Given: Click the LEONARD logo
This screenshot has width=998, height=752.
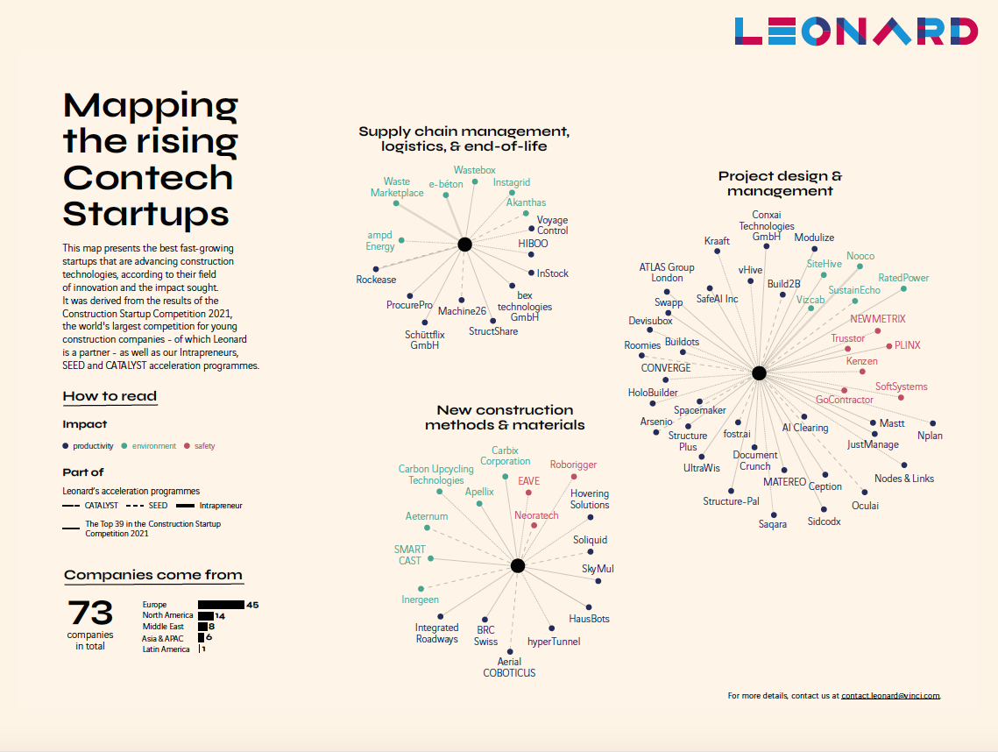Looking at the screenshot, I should coord(856,32).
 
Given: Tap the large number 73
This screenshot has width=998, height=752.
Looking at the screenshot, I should coord(90,612).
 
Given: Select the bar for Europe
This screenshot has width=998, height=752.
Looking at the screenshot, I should coord(221,605).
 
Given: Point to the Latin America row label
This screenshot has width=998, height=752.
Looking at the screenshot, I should coord(166,649).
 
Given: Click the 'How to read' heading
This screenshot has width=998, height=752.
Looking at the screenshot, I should coord(110,396).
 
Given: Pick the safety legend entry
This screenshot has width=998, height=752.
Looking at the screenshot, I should coord(204,446).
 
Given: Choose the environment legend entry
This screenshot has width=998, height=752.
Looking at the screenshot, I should coord(153,446).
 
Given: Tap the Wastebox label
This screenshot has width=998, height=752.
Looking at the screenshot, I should coord(474,170).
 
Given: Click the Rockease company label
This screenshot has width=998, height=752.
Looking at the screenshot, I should coord(376,280).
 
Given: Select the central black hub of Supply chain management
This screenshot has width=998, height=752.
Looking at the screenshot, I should coord(464,245).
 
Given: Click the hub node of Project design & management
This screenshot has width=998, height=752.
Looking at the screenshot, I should coord(759,373).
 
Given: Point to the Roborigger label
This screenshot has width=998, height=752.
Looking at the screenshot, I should coord(573,465).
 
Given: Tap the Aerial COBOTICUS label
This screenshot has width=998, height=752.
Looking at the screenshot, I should coord(509,667).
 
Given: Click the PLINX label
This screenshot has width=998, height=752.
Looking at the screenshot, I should coord(907,345).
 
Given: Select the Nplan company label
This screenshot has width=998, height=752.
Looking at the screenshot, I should coord(930,436).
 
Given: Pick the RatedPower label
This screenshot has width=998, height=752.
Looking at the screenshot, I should coord(903,278).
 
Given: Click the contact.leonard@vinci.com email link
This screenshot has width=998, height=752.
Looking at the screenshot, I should coord(890,696).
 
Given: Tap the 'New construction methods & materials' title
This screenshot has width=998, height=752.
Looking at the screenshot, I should coord(505,417).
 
